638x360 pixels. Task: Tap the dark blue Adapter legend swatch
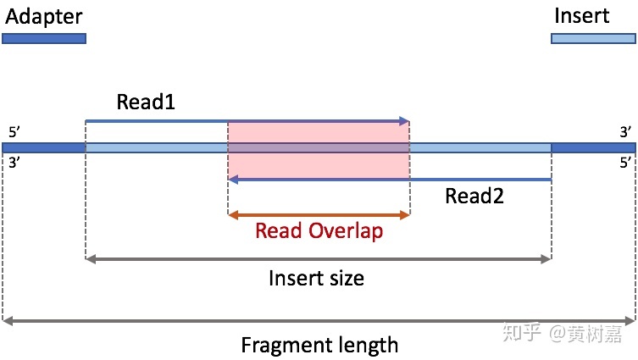coord(44,38)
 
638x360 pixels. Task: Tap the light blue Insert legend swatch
coord(592,38)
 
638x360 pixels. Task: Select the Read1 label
coord(145,102)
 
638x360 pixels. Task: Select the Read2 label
coord(474,197)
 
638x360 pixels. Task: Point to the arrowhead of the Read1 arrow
coord(406,121)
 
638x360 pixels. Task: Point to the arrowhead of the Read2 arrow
coord(232,179)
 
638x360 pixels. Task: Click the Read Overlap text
coord(319,230)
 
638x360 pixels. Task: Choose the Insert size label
coord(316,277)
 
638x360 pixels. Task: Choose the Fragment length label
coord(319,345)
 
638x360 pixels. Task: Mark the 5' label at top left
coord(15,133)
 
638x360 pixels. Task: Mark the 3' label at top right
coord(624,133)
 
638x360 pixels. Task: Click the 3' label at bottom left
coord(15,163)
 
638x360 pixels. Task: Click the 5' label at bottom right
coord(624,163)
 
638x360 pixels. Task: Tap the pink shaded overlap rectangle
coord(319,161)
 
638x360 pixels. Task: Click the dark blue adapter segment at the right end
coord(592,147)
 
